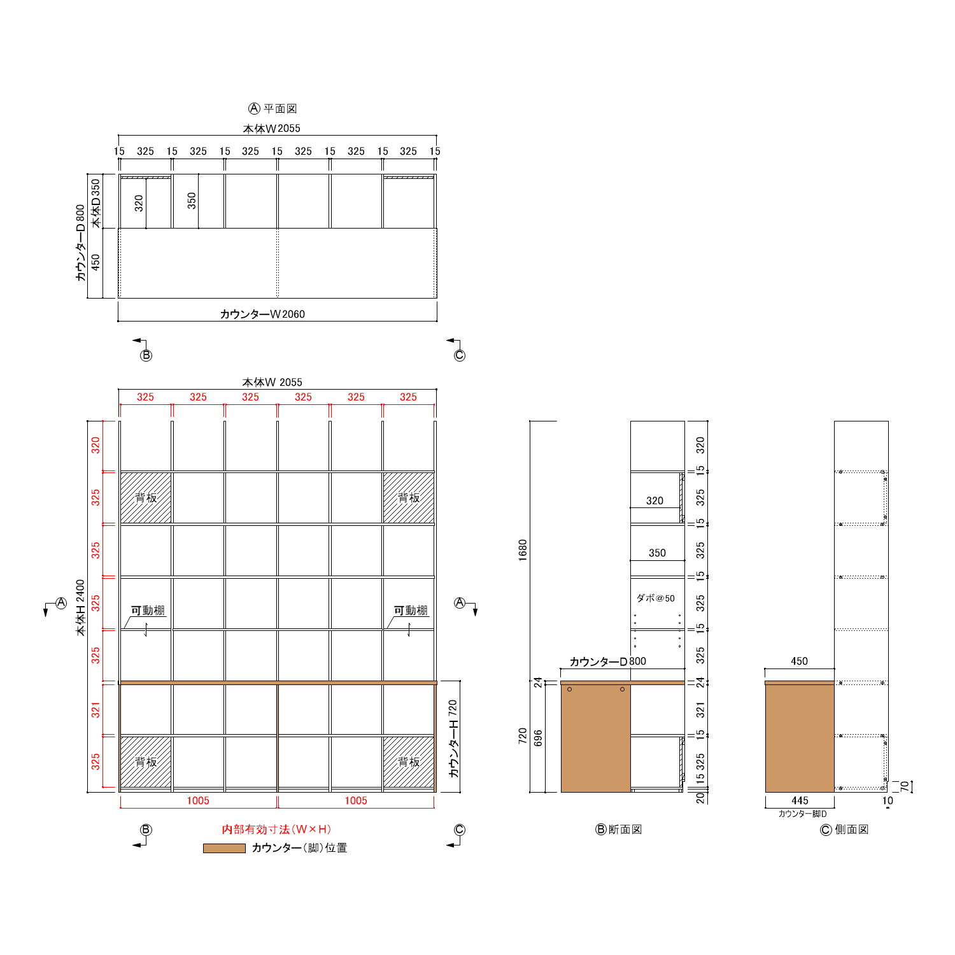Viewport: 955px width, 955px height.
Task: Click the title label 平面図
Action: click(x=280, y=109)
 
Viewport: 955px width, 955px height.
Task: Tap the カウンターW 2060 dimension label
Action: click(x=262, y=314)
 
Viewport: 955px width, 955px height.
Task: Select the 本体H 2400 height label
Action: click(x=80, y=607)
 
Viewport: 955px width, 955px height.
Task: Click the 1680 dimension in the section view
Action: click(x=523, y=550)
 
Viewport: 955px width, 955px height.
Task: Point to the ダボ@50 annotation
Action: click(x=655, y=598)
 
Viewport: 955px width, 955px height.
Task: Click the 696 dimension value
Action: click(x=538, y=738)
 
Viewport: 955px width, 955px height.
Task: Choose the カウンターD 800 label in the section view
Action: click(x=607, y=661)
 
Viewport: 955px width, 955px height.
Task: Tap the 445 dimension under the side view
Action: click(x=800, y=800)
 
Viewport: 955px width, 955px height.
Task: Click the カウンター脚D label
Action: click(x=802, y=814)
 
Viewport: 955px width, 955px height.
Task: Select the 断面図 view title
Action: click(x=625, y=829)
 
